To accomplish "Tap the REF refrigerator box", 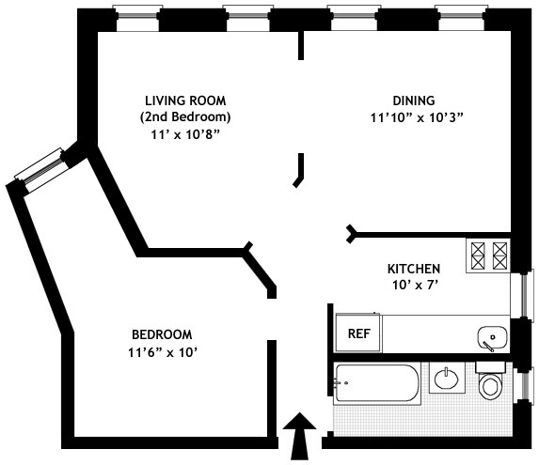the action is point(359,333).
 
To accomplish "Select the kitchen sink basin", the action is point(493,338).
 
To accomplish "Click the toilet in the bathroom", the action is point(490,380).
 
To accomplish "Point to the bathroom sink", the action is point(447,379).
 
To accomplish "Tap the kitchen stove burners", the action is point(488,256).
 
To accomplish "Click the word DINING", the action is point(414,101).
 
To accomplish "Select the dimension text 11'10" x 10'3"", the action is point(417,117).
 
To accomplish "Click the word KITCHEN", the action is point(414,269).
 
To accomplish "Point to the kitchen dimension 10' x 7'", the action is point(414,286).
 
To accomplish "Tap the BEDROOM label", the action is point(162,334).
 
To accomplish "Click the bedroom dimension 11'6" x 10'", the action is point(162,352).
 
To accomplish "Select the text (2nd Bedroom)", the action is point(185,117).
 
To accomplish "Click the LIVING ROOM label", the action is point(185,101).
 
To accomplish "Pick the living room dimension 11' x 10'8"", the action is point(185,135).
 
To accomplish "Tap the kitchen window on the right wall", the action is point(522,296).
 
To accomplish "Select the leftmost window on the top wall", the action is point(137,17).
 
